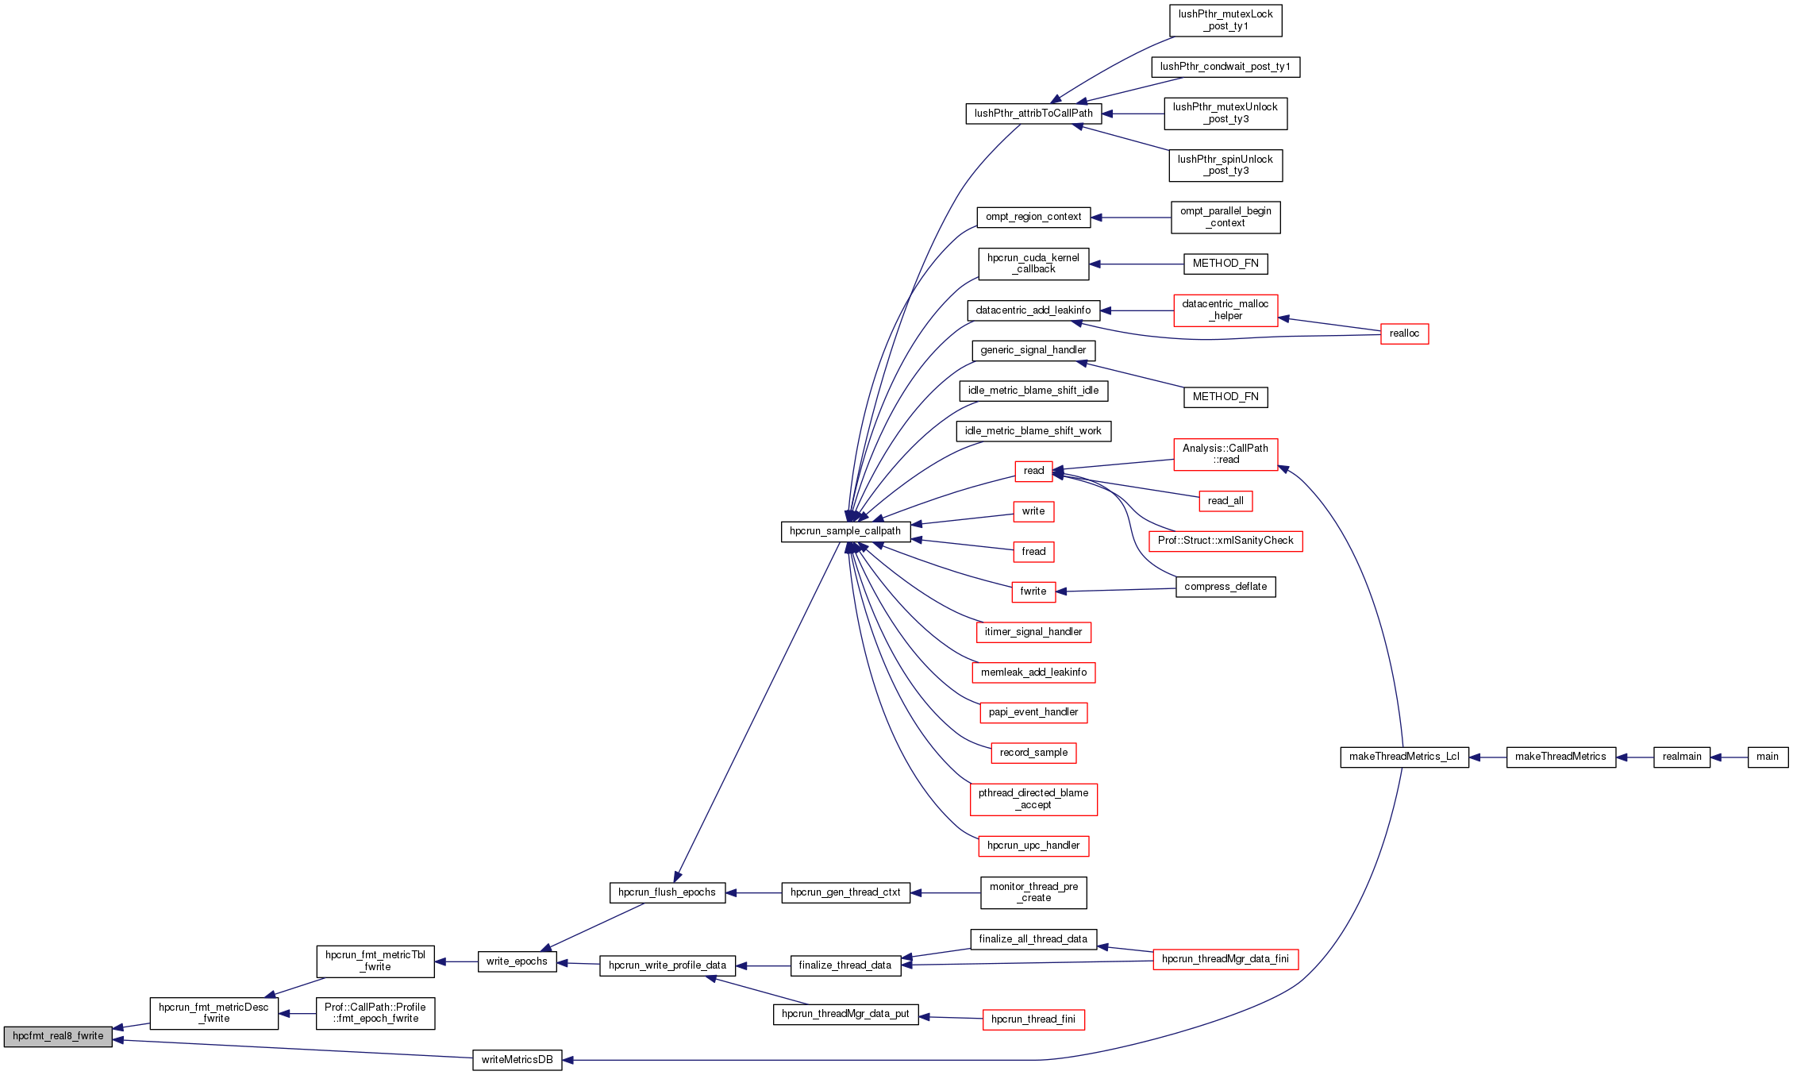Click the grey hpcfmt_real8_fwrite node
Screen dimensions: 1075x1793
pyautogui.click(x=58, y=1036)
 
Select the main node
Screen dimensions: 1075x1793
pyautogui.click(x=1768, y=757)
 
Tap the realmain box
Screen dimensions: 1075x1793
pyautogui.click(x=1681, y=757)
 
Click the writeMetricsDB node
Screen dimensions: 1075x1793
pyautogui.click(x=517, y=1060)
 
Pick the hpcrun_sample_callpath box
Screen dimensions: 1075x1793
pyautogui.click(x=845, y=531)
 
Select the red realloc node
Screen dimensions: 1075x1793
pyautogui.click(x=1404, y=333)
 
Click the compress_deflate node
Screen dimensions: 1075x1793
pyautogui.click(x=1225, y=587)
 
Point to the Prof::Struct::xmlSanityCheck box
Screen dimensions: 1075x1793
pyautogui.click(x=1225, y=541)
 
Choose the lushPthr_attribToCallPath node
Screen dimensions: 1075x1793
pyautogui.click(x=1033, y=114)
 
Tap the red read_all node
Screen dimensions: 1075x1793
pyautogui.click(x=1225, y=501)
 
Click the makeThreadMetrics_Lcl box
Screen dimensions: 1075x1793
pyautogui.click(x=1404, y=757)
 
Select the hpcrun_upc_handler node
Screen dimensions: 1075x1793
pyautogui.click(x=1033, y=846)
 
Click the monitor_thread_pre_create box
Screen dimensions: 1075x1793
pyautogui.click(x=1033, y=892)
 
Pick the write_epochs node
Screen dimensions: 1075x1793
pyautogui.click(x=517, y=961)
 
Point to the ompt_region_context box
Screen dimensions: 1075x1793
pyautogui.click(x=1033, y=217)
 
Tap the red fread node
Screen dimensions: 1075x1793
pyautogui.click(x=1033, y=552)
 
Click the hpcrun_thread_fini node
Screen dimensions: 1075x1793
pyautogui.click(x=1033, y=1019)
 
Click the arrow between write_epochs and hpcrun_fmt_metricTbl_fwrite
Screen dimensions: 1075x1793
pyautogui.click(x=456, y=961)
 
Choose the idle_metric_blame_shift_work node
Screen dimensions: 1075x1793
pyautogui.click(x=1033, y=431)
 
